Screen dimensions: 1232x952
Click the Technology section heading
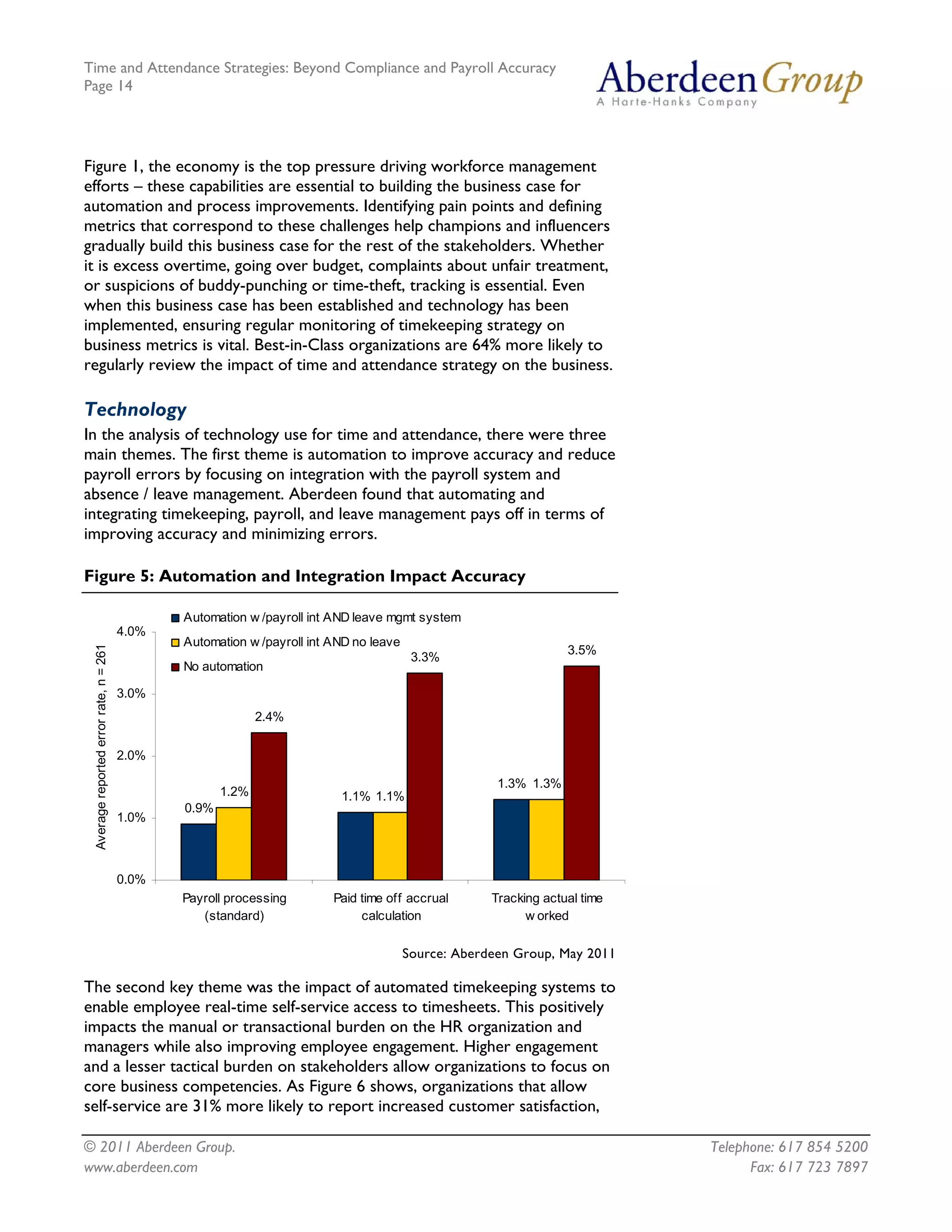[x=135, y=409]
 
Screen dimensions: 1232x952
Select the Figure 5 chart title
[x=304, y=576]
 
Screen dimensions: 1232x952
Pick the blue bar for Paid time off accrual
[x=355, y=846]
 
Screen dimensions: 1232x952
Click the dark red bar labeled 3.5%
[x=582, y=772]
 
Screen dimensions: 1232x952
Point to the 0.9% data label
[x=198, y=808]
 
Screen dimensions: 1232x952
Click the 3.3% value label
[x=425, y=657]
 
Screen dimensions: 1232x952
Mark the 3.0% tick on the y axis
[x=131, y=693]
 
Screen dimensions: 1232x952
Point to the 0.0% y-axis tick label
[x=131, y=880]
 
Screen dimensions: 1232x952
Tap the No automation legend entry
[x=223, y=667]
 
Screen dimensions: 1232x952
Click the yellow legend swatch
[x=175, y=642]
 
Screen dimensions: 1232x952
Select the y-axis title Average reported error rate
[x=100, y=747]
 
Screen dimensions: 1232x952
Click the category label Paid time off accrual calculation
[x=391, y=907]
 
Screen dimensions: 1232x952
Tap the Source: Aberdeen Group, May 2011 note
[x=508, y=954]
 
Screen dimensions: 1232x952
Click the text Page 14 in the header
[x=108, y=86]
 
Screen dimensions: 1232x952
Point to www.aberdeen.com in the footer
[x=141, y=1167]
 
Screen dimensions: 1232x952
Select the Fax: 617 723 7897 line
[x=808, y=1167]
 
